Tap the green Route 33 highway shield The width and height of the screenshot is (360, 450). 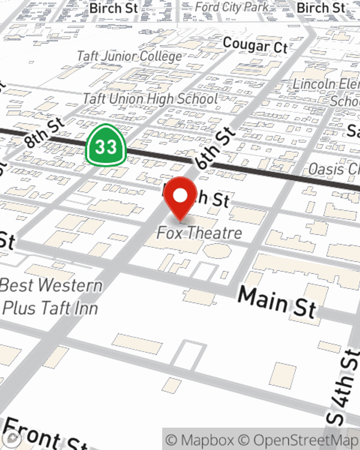coord(106,146)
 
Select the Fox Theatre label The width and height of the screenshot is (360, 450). coord(199,233)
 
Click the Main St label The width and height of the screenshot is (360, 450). coord(277,302)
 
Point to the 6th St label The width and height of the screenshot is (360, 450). coord(215,148)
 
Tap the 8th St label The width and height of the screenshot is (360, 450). coord(44,133)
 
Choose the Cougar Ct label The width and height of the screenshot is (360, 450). coord(255,46)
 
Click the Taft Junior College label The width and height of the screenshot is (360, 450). coord(130,56)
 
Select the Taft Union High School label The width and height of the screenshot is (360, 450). coord(150,99)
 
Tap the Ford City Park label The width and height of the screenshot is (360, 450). coord(232,7)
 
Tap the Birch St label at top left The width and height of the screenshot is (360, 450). coord(113,8)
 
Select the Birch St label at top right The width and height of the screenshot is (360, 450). coord(320,8)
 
